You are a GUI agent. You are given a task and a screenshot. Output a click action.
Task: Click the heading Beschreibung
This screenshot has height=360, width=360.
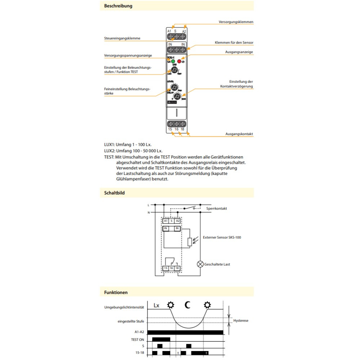point(118,6)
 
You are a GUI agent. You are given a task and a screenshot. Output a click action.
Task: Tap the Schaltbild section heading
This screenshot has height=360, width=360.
point(114,193)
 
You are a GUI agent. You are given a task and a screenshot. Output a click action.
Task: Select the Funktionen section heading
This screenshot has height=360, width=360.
point(116,293)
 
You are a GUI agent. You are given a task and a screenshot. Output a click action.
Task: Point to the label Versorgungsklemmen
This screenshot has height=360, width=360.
point(236,22)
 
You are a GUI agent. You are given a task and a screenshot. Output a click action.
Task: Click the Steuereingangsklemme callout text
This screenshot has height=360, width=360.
point(122,38)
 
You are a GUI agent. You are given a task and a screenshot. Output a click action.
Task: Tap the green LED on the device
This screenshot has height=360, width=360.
point(173,62)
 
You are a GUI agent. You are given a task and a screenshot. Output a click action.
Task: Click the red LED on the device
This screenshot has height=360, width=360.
point(179,62)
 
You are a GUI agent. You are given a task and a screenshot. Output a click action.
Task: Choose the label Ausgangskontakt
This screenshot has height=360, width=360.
point(239,134)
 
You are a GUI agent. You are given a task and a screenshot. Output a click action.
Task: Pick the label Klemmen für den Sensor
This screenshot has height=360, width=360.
point(234,42)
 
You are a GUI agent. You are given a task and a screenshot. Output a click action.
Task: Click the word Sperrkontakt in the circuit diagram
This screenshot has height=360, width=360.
point(216,208)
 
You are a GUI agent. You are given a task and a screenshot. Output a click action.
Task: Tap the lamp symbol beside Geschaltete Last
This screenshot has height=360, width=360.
point(200,264)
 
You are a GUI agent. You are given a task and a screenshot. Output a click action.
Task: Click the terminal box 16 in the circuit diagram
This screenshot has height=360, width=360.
point(171,268)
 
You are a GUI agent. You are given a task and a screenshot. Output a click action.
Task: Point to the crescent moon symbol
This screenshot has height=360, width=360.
point(188,305)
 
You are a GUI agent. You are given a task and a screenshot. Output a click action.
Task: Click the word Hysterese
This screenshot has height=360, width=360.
point(241,320)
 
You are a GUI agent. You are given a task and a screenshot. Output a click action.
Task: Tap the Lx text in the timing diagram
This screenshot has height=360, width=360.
point(156,306)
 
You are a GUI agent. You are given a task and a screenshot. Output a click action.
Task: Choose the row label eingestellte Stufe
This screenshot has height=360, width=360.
point(131,321)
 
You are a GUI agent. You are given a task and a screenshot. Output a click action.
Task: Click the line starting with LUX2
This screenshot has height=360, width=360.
point(133,151)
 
